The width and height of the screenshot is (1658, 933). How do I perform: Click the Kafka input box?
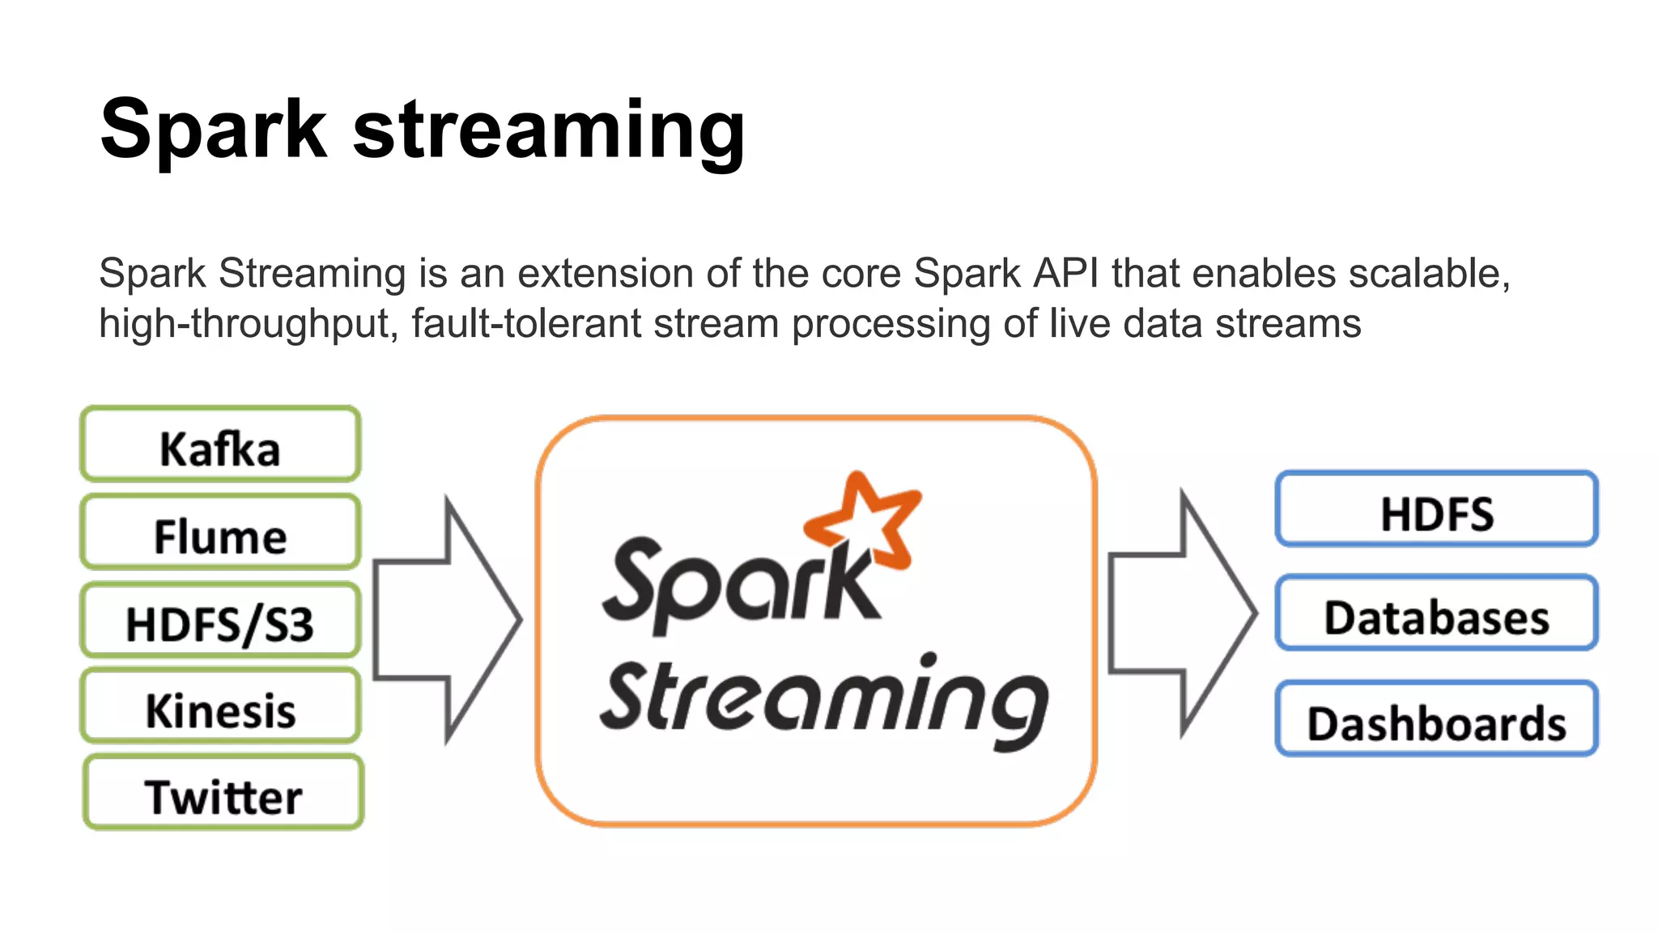220,445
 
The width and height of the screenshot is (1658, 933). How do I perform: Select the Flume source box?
220,532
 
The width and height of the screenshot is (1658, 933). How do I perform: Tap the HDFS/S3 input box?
220,620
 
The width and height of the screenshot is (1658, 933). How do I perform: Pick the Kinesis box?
220,706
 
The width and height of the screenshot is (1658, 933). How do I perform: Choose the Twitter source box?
223,793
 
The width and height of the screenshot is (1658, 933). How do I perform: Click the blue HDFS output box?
1436,509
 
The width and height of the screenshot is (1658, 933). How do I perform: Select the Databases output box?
1436,614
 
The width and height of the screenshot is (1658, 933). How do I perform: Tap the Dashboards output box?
1436,719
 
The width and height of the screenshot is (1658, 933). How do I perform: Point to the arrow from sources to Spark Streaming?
447,620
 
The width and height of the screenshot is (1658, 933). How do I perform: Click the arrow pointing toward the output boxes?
1182,614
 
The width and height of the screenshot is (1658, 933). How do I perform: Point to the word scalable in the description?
1429,274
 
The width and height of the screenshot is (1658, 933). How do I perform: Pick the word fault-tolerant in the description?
526,324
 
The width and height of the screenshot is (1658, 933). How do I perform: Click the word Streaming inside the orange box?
824,698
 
